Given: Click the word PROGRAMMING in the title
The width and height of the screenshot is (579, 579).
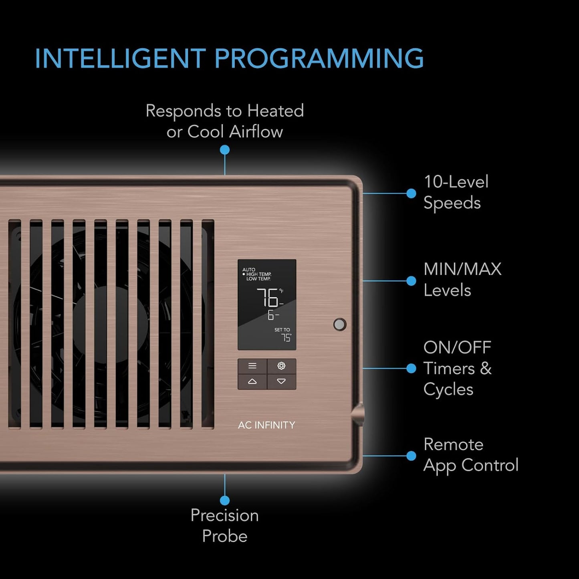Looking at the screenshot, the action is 319,58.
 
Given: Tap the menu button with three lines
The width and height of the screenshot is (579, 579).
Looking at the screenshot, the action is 252,366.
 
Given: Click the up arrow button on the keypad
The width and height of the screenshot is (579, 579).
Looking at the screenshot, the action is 252,381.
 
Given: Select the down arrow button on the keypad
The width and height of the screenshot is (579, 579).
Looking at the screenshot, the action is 281,381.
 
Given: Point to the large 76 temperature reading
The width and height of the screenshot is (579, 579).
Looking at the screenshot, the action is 267,297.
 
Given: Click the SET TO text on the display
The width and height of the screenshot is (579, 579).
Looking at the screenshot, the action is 282,330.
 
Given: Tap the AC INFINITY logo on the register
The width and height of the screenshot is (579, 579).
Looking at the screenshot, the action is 266,425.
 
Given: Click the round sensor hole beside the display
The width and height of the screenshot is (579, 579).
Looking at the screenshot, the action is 340,324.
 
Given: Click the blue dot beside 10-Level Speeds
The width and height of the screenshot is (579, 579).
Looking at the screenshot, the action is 411,193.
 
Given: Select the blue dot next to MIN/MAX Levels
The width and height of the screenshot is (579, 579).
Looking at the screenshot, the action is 411,281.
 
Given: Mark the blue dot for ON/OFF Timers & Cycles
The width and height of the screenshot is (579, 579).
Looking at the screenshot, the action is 411,368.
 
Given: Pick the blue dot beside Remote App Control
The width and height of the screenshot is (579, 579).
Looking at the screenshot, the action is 411,456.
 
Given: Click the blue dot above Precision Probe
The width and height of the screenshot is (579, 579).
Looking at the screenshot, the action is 225,500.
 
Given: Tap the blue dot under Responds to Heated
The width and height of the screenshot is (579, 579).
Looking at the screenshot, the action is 225,149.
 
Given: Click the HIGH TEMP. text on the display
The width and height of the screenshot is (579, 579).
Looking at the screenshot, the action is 259,274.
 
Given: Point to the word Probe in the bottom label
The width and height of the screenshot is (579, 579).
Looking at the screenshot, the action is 225,536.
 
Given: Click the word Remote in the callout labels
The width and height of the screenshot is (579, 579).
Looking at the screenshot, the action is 454,444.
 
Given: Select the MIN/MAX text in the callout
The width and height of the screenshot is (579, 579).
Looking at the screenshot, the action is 462,269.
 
